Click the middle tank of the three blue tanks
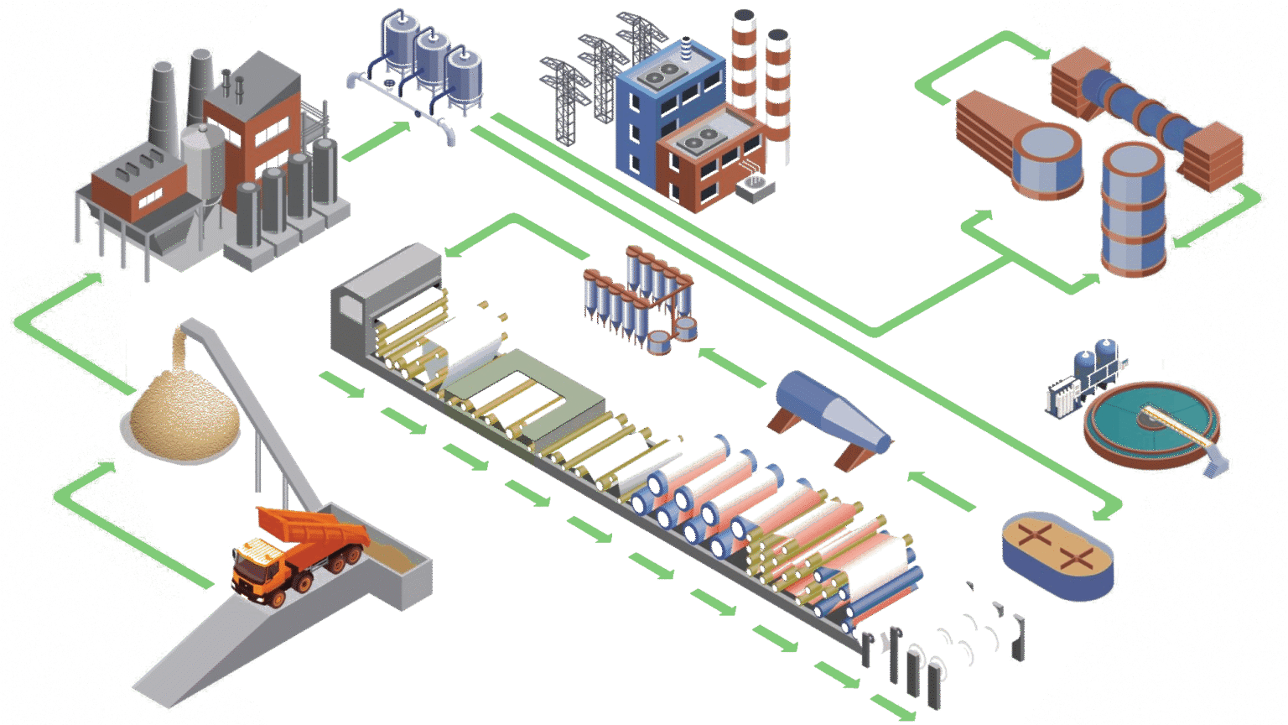point(433,63)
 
